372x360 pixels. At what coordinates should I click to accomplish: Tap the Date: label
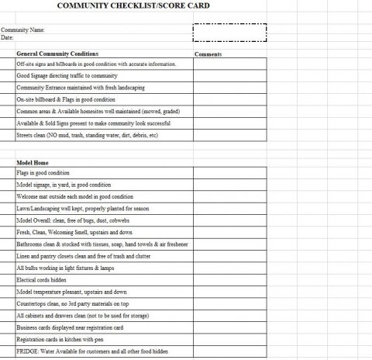[x=8, y=37]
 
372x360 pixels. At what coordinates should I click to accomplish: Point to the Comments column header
[x=208, y=54]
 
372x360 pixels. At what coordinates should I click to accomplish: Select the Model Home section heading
[x=33, y=163]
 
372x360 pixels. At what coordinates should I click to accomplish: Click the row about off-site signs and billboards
[x=101, y=64]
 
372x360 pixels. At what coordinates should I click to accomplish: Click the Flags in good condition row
[x=43, y=173]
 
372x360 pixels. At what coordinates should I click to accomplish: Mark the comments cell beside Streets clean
[x=229, y=135]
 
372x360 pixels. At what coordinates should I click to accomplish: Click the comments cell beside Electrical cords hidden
[x=229, y=279]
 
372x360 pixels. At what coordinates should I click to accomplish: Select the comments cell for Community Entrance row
[x=229, y=88]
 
